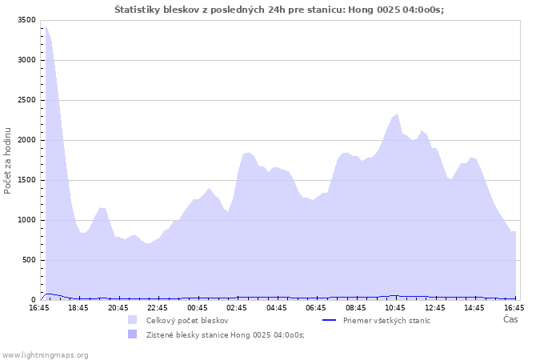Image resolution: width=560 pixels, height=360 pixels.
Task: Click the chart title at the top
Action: [279, 10]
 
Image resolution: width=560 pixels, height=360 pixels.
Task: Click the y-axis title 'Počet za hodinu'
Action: [8, 160]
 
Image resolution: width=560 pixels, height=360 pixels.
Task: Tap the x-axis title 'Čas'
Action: [510, 320]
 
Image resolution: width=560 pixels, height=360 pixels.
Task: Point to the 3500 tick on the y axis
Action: [26, 20]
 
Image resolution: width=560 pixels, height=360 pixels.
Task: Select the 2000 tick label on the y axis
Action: [26, 140]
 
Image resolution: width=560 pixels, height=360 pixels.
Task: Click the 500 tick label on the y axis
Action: [29, 260]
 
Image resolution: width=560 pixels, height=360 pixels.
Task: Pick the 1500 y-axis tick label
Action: [26, 180]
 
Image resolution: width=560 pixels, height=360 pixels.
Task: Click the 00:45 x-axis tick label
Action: [198, 307]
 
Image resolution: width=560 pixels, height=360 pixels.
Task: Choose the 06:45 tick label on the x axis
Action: [317, 307]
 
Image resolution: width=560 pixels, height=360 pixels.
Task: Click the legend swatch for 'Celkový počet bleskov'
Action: [132, 320]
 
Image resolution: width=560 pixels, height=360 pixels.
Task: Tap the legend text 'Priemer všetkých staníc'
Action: [386, 320]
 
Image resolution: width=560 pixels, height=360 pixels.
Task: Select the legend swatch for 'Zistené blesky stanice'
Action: [132, 334]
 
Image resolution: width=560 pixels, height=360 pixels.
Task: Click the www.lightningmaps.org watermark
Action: [45, 354]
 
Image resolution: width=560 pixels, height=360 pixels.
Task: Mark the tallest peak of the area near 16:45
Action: [46, 26]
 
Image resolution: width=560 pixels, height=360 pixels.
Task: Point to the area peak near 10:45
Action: [397, 114]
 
